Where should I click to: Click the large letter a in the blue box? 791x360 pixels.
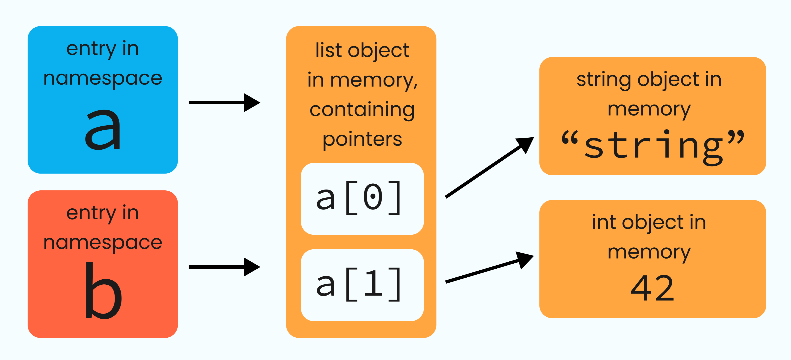103,130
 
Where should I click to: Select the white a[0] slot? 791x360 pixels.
362,199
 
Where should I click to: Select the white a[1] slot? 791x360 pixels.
362,285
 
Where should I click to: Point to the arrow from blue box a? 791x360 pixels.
224,103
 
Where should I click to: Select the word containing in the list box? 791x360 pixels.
362,110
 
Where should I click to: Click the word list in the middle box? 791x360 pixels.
328,50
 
